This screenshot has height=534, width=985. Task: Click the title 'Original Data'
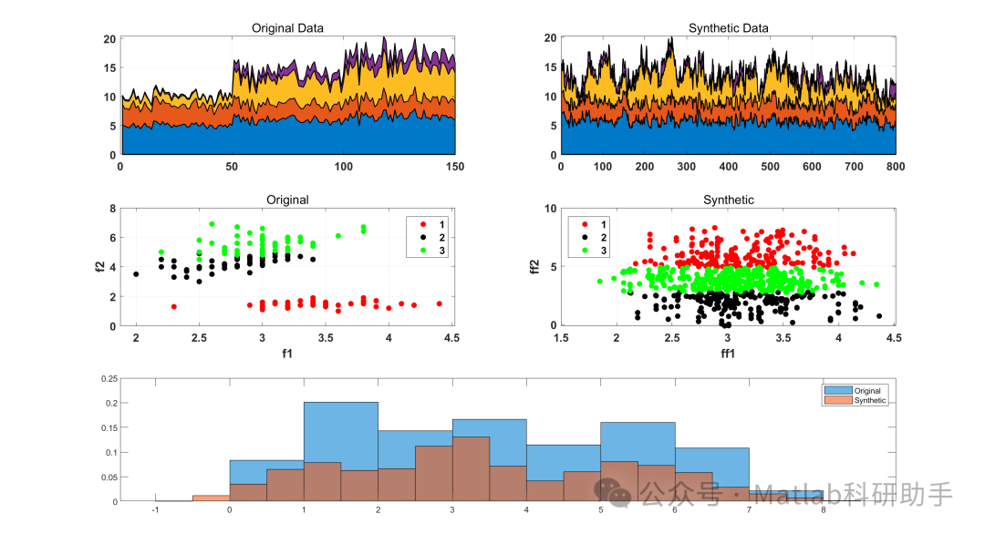click(x=287, y=28)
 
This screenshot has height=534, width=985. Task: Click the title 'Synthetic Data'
click(x=728, y=28)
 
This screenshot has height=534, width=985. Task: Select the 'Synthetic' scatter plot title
click(x=728, y=200)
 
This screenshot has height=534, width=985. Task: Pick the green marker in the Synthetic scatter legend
click(x=585, y=250)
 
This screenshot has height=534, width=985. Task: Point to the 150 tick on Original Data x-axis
click(x=454, y=167)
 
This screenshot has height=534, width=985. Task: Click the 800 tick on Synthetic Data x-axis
click(x=895, y=167)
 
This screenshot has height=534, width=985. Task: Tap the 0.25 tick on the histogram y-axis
click(x=108, y=378)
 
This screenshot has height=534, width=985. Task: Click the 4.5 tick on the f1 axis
click(x=451, y=338)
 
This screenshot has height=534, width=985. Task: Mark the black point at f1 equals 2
click(x=136, y=273)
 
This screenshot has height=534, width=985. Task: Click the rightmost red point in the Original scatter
click(x=439, y=303)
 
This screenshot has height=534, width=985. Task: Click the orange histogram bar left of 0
click(x=211, y=498)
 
